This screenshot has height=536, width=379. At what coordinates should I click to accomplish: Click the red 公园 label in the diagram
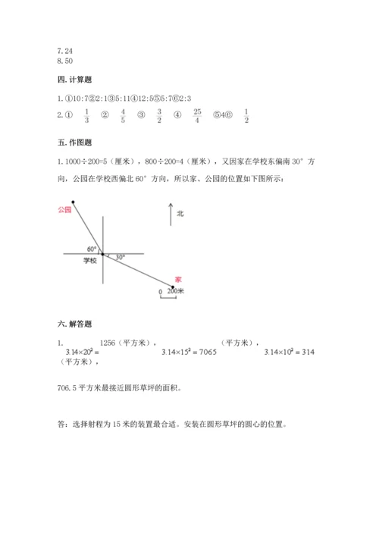click(64, 210)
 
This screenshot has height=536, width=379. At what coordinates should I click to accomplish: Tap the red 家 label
click(177, 277)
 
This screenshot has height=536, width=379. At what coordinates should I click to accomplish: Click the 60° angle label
click(92, 249)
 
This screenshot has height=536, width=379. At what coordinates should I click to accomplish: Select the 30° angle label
click(119, 258)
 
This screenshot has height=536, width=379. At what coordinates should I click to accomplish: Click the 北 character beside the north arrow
click(180, 214)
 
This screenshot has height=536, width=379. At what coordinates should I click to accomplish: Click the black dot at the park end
click(74, 202)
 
